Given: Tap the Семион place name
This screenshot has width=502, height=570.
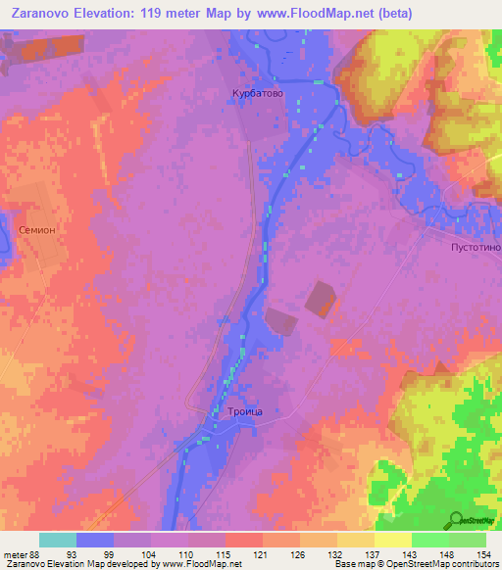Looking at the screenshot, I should click(x=38, y=228).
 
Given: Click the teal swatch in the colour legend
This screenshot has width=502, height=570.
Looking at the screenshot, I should click(x=58, y=540).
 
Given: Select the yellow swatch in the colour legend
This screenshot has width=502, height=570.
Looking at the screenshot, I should click(x=392, y=540).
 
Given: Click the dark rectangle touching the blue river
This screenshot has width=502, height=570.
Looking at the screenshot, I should click(x=278, y=321).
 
